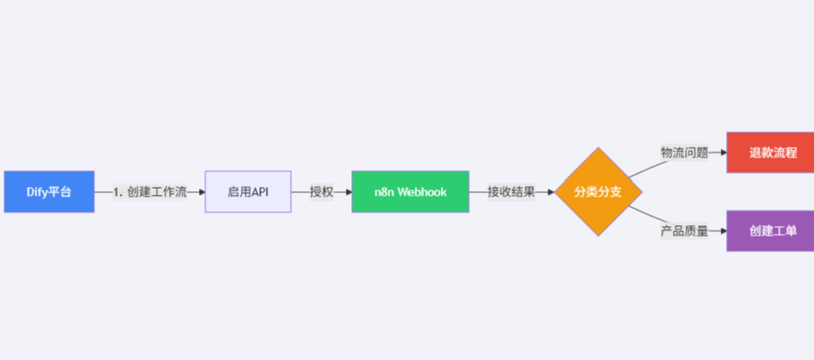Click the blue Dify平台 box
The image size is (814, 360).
pos(49,191)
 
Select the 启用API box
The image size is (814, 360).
pos(248,191)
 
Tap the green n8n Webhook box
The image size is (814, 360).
pos(410,191)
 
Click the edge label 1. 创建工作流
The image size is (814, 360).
pos(150,192)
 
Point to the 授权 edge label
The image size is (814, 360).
pos(321,192)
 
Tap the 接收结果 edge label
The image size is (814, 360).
pos(511,192)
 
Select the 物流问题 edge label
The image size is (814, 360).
pos(684,153)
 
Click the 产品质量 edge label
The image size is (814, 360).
pos(684,231)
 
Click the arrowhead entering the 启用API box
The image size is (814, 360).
pos(201,192)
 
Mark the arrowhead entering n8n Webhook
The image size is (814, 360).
pos(348,192)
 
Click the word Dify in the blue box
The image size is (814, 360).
pos(37,192)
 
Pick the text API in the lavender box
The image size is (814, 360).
pos(259,192)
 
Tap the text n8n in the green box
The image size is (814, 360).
pos(383,192)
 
